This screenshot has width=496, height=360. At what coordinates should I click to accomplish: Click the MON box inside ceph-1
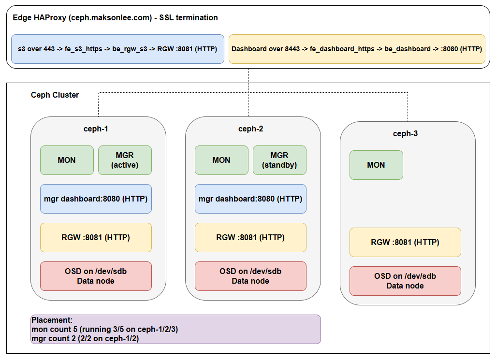(67, 160)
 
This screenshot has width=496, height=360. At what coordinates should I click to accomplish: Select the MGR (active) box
(125, 160)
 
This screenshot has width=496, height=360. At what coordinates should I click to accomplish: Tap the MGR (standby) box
(279, 160)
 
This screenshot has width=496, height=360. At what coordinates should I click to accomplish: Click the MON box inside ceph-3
(376, 165)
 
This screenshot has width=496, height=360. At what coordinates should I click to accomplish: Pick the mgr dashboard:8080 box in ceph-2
(250, 199)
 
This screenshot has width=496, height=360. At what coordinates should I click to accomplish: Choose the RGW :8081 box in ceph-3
(405, 242)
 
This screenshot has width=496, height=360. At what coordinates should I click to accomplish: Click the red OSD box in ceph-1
(96, 276)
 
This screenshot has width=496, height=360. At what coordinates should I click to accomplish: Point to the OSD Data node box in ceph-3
(405, 281)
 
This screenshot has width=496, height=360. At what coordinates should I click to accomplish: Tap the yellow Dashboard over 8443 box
(357, 49)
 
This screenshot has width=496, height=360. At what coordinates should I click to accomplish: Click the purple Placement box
(175, 329)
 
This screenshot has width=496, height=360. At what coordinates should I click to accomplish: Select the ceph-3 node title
(405, 133)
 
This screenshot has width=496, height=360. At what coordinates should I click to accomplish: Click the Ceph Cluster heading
(55, 95)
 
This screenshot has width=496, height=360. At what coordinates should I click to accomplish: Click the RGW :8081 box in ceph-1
(96, 237)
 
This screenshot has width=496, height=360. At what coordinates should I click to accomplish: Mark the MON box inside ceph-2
(221, 160)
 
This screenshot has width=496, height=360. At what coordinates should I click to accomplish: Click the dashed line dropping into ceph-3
(408, 109)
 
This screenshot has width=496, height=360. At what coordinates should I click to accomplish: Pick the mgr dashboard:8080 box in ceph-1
(96, 199)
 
